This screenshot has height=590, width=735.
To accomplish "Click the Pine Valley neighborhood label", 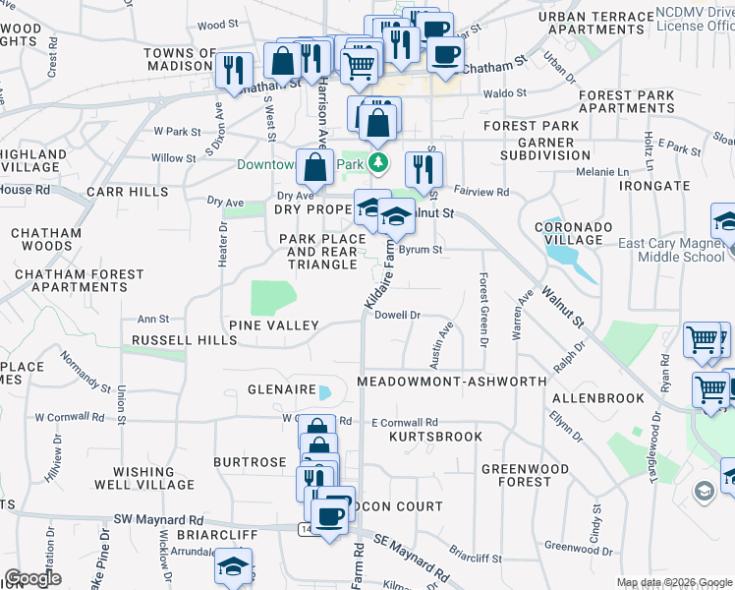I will (273, 324).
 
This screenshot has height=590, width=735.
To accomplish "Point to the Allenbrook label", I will (598, 398).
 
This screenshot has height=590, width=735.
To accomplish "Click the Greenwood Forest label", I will (517, 475).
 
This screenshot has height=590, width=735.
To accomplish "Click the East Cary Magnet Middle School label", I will (671, 250).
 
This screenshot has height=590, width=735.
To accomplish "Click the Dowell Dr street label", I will (398, 316).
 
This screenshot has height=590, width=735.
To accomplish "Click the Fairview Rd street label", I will (487, 193).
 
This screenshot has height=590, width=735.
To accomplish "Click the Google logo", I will (32, 578).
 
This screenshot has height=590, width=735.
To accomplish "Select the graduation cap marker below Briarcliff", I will (233, 566).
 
